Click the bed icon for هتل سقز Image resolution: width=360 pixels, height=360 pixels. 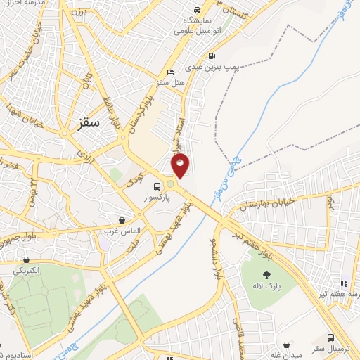pos(170,72)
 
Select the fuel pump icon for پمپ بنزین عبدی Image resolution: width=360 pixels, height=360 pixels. pos(212,56)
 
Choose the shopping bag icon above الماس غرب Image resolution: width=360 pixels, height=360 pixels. pos(123,219)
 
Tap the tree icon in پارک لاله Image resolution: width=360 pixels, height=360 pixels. pos(266,276)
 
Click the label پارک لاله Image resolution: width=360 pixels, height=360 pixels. pos(267,288)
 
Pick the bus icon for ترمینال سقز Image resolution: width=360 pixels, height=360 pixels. pos(331,338)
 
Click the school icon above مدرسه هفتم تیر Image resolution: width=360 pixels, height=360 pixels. pos(343,283)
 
